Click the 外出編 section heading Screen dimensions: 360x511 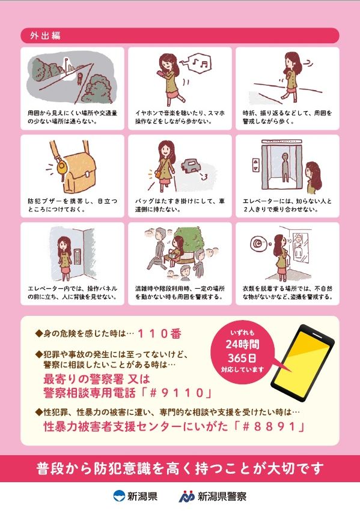45,35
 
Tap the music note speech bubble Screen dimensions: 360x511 199,62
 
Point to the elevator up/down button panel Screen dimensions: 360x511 255,165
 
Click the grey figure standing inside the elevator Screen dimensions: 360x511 285,167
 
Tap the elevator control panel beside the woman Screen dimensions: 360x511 78,258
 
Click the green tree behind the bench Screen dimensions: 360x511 189,241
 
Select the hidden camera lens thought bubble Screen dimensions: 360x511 258,243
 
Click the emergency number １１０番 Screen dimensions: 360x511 159,333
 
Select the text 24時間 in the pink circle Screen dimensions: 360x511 243,345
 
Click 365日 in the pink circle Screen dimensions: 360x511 242,358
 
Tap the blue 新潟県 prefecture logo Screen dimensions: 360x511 119,496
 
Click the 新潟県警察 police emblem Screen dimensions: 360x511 186,497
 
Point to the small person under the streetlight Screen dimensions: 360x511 79,79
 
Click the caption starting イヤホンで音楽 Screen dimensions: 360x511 180,117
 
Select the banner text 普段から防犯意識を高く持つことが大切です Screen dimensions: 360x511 180,468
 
